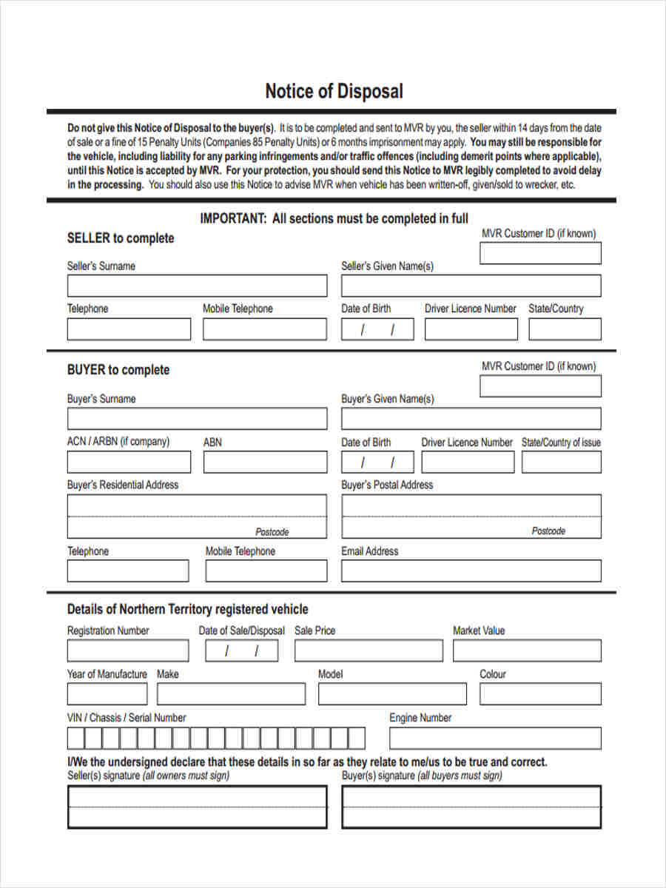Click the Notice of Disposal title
click(334, 92)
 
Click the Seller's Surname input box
click(197, 286)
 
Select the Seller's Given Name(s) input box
click(471, 286)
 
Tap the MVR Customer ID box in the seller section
click(540, 253)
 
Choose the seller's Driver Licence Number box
click(471, 329)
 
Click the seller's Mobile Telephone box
click(264, 329)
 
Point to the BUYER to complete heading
click(118, 370)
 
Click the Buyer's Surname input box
click(197, 418)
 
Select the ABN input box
click(264, 462)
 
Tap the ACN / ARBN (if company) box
click(129, 462)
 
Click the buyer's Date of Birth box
click(377, 462)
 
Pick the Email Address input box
click(471, 571)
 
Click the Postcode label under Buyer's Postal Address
click(548, 531)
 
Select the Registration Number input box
click(128, 650)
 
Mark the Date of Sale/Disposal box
click(242, 650)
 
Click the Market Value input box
click(527, 650)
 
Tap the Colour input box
click(540, 693)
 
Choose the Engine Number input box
click(495, 738)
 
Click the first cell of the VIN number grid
click(75, 738)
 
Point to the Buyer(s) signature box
click(471, 807)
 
